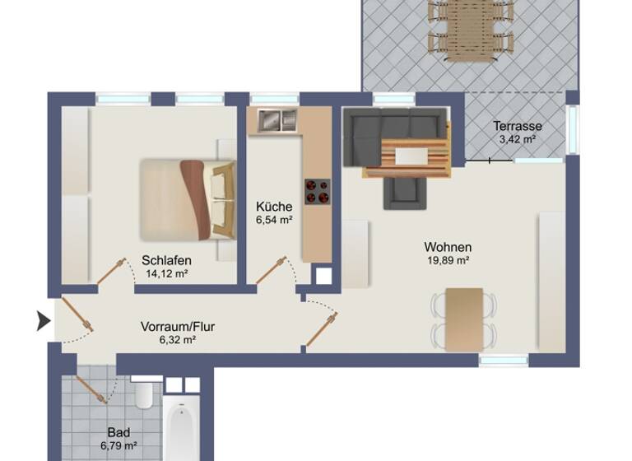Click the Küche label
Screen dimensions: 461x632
[274, 207]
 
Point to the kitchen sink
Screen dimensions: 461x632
[277, 120]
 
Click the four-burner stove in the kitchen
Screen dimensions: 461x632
[317, 191]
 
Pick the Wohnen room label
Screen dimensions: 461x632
[448, 247]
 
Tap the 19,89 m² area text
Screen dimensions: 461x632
[448, 261]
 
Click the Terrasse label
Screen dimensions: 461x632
[518, 127]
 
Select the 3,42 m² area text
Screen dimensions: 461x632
[518, 140]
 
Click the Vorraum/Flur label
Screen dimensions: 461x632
[178, 326]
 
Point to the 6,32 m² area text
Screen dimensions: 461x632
[178, 339]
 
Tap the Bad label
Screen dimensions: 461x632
[119, 432]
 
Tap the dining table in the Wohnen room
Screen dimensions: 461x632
[464, 317]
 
